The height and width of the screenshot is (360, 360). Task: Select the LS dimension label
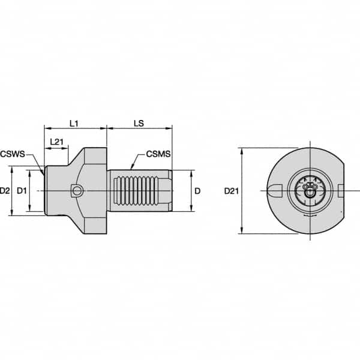(x=139, y=123)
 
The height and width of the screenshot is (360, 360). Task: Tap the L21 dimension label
(x=57, y=141)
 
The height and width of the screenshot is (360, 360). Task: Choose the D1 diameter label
(x=21, y=191)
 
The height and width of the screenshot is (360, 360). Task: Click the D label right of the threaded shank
(x=197, y=191)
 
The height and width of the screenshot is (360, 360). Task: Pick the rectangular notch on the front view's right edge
(x=341, y=191)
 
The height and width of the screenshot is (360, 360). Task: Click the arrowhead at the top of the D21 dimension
(x=241, y=150)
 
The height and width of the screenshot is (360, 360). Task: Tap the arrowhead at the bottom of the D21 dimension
(x=241, y=232)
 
